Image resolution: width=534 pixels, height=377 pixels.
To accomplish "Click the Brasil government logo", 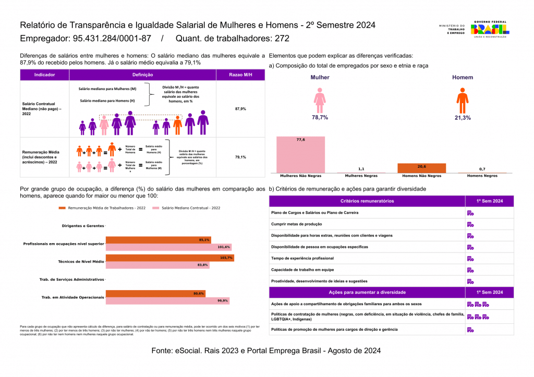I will coord(490,29).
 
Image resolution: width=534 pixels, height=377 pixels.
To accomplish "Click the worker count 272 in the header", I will coord(282,39).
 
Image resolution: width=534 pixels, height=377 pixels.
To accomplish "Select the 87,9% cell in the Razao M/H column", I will coord(240,109).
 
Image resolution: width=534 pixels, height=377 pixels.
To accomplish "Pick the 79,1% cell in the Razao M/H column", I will coord(240,157).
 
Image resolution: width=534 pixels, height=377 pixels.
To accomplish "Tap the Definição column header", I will coord(142,76).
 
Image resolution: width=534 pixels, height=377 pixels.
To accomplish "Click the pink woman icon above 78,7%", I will coord(320,100).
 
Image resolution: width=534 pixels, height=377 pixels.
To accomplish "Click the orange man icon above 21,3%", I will coord(462,100).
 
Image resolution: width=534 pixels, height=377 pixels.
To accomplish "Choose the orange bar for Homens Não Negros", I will coord(421,168).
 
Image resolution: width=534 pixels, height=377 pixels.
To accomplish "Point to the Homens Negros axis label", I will coord(482,176).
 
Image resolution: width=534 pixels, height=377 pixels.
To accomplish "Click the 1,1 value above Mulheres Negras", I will coord(361,169).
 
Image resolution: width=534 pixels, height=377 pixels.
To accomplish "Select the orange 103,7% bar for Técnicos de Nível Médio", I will coord(169,258).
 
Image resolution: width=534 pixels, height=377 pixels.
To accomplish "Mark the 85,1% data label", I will coord(204,240).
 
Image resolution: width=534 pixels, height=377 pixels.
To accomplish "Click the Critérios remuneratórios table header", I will coord(367,201).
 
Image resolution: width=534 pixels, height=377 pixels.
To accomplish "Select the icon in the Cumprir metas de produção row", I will coord(470,224).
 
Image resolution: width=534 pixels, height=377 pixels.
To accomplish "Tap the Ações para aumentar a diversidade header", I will coord(367,292).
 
